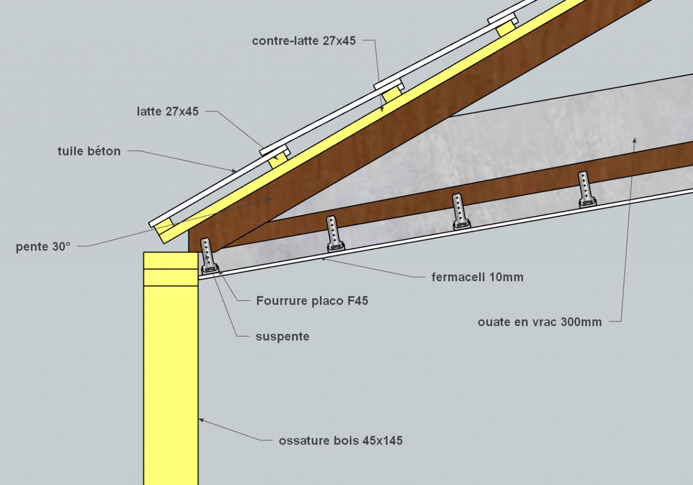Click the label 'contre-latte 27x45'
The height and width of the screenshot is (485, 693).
(304, 41)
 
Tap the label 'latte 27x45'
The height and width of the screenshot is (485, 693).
(168, 112)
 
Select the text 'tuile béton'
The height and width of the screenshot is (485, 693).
(89, 151)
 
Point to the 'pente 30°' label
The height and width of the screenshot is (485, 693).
(43, 246)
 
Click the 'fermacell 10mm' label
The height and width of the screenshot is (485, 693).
(478, 277)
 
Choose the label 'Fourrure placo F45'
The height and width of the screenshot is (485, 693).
(312, 300)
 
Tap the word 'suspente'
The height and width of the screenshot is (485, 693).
(282, 337)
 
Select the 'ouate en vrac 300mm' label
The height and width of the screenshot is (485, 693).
(539, 322)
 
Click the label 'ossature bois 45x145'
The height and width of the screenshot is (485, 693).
(341, 441)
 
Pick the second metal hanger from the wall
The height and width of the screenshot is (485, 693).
(333, 234)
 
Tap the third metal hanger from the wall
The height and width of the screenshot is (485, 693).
(459, 211)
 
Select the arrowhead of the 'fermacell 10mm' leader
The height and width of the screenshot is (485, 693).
(323, 259)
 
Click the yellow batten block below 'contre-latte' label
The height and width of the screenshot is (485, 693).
(392, 94)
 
